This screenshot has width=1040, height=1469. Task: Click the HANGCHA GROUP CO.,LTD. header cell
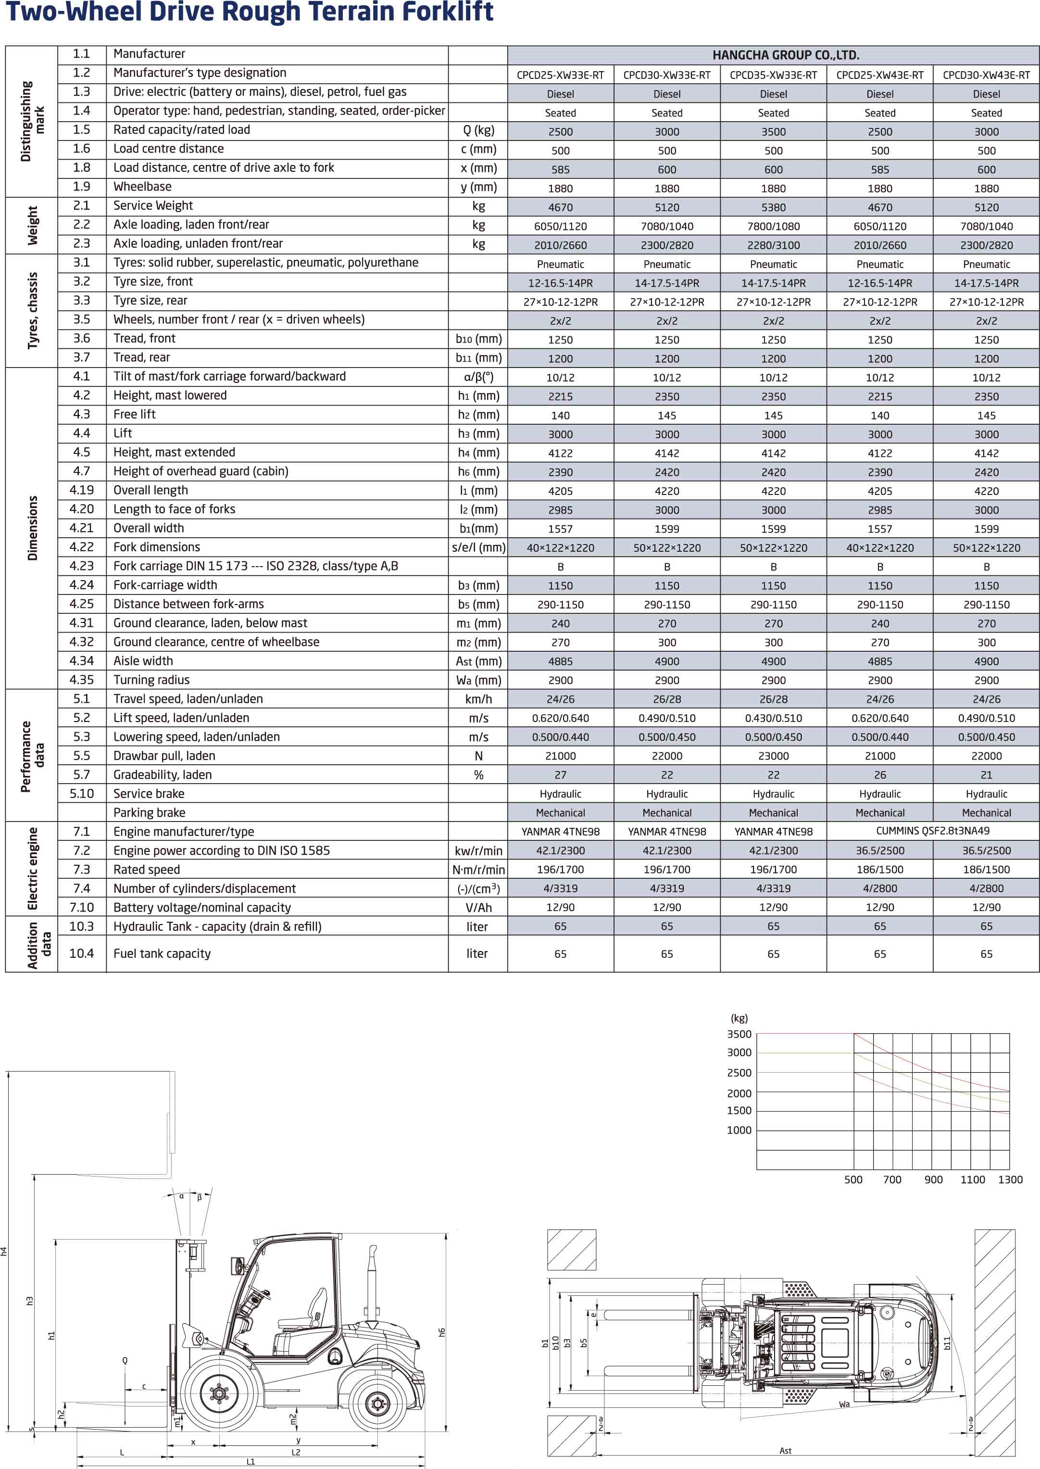pyautogui.click(x=785, y=55)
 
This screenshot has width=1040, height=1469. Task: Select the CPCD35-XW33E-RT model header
pyautogui.click(x=773, y=75)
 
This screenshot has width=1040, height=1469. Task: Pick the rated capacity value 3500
pyautogui.click(x=773, y=132)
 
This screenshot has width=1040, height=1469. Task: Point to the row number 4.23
pyautogui.click(x=81, y=566)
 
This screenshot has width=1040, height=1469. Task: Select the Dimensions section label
pyautogui.click(x=32, y=528)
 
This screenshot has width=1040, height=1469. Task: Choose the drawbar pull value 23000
pyautogui.click(x=773, y=756)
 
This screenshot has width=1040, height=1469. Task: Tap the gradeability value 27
pyautogui.click(x=560, y=774)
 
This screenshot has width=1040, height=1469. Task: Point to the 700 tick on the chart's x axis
pyautogui.click(x=892, y=1179)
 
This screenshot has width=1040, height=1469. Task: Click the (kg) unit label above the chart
pyautogui.click(x=739, y=1018)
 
